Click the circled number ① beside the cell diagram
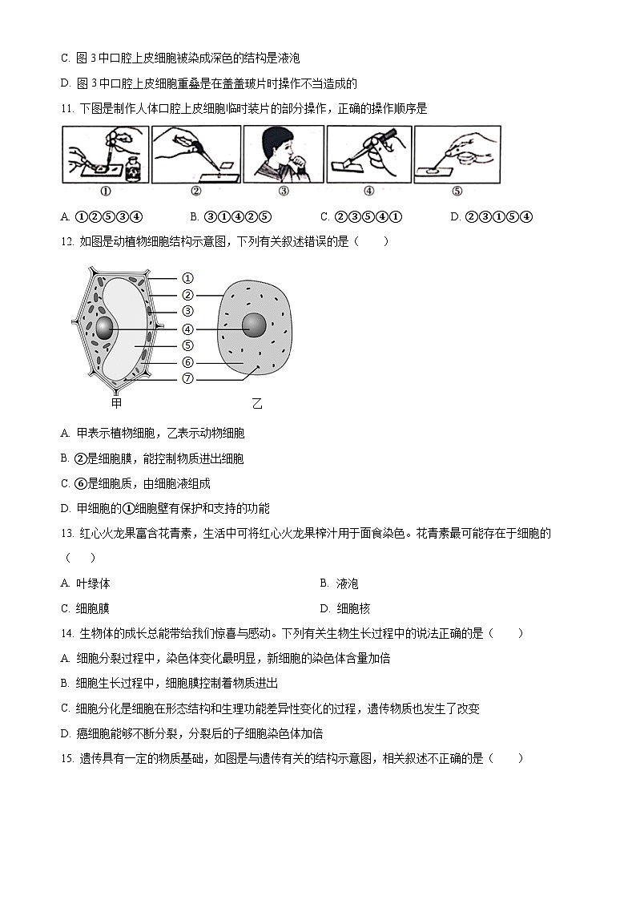[x=187, y=278]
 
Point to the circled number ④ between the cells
[x=187, y=329]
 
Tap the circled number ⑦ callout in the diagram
[x=187, y=379]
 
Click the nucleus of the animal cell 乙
[x=256, y=325]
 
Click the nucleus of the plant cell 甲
[x=107, y=327]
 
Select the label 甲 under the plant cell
[x=117, y=402]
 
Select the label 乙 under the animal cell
[x=257, y=404]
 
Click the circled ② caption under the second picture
[x=196, y=192]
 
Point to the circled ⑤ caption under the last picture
[x=457, y=192]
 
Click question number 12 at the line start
[x=66, y=242]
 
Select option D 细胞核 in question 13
[x=344, y=608]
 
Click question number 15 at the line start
[x=66, y=758]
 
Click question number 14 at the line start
[x=66, y=633]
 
